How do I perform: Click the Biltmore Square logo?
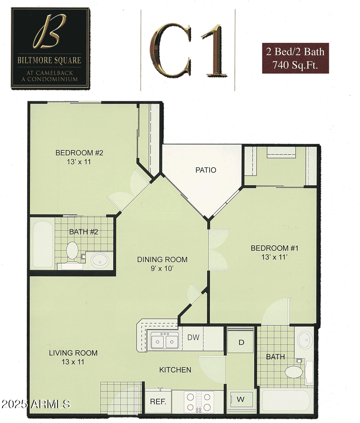[50, 48]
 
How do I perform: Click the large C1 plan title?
[188, 50]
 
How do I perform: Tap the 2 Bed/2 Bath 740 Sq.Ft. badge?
[295, 58]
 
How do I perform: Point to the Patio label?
[206, 170]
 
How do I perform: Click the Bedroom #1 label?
[274, 253]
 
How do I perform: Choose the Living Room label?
[73, 357]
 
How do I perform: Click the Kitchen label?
[175, 370]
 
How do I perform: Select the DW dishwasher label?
[193, 337]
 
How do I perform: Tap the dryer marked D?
[241, 343]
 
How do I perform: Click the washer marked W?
[241, 399]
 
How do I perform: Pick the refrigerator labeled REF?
[158, 401]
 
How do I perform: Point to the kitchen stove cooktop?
[199, 401]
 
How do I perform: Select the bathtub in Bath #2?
[42, 245]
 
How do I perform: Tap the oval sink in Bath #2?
[99, 261]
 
